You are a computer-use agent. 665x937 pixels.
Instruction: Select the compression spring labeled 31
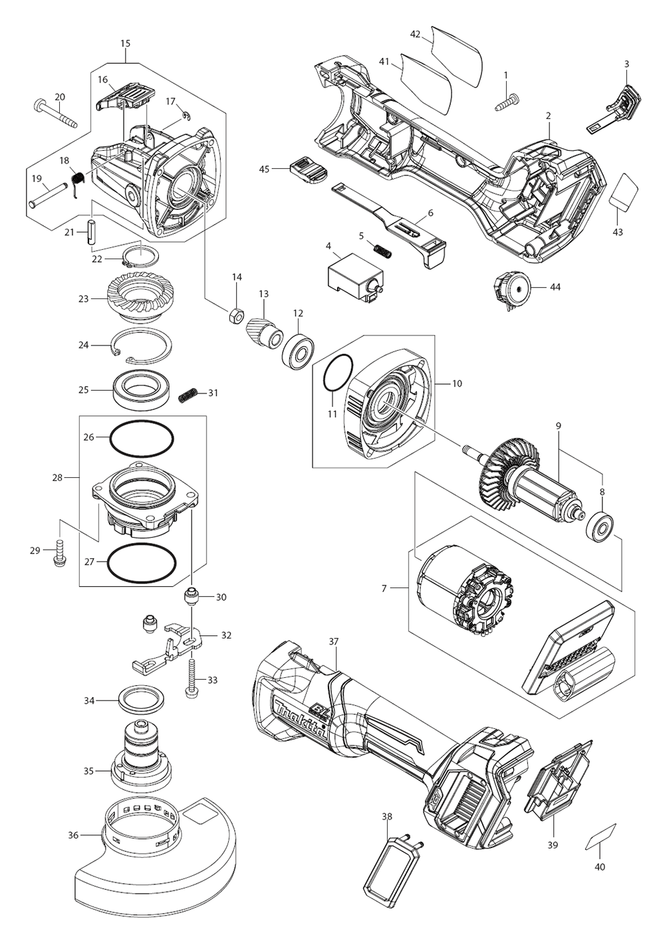coord(188,395)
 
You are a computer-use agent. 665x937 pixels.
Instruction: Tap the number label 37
coord(334,641)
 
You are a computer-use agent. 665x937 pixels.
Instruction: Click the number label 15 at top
coord(125,43)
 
